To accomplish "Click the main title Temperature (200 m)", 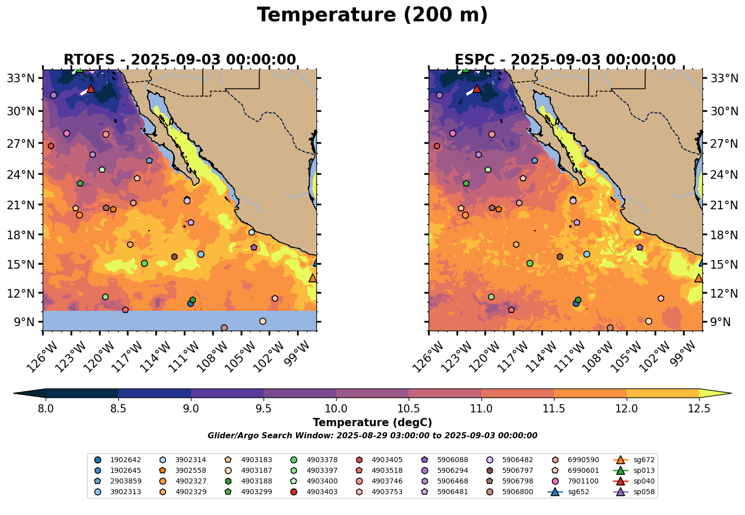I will [372, 15].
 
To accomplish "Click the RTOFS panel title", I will [180, 60].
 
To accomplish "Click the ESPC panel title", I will [565, 60].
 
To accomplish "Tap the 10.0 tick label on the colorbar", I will [336, 408].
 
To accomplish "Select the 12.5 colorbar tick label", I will [699, 408].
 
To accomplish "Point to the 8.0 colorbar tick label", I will [46, 408].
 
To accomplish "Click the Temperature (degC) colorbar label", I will [372, 423].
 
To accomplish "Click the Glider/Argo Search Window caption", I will [372, 436].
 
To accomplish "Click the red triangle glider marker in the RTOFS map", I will [91, 89].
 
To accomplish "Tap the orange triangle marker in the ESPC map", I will [699, 278].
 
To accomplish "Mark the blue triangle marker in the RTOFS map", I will [316, 263].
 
